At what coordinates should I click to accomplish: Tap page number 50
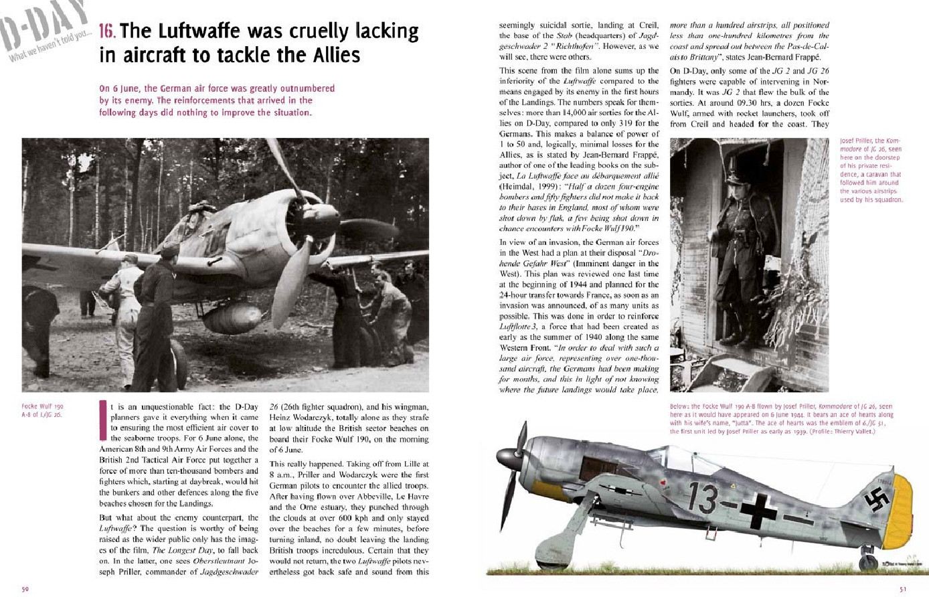(24, 590)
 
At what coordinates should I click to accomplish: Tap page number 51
(902, 590)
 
